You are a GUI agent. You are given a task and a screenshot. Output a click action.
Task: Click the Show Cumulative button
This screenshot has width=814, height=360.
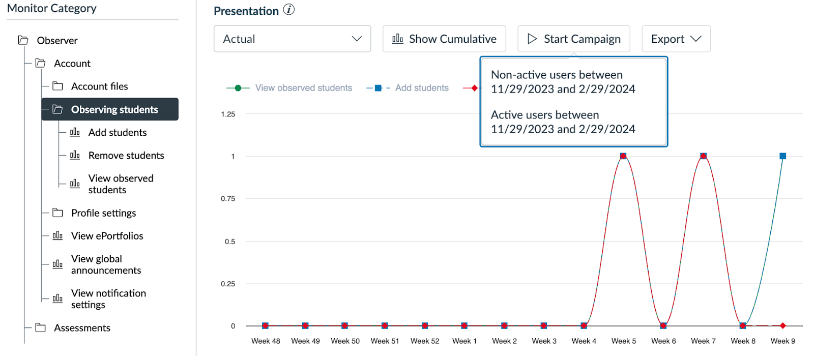point(444,39)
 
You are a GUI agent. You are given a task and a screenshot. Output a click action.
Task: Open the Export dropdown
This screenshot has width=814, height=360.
point(676,39)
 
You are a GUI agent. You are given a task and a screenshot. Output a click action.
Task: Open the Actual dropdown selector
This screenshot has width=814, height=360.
point(292,39)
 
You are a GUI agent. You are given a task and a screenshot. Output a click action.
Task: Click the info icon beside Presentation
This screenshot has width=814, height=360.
point(289,10)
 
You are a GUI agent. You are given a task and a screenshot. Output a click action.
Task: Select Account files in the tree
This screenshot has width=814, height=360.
point(99,86)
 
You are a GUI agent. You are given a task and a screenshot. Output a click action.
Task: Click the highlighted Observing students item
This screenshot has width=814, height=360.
point(114,109)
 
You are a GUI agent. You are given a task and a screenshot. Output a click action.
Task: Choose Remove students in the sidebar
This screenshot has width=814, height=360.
point(126,156)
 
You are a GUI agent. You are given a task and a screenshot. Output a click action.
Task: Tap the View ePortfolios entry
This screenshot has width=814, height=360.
point(107,236)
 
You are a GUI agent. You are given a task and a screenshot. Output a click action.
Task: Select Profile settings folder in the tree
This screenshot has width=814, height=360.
point(103,213)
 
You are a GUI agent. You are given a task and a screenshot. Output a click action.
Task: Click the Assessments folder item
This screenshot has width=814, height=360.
point(82,328)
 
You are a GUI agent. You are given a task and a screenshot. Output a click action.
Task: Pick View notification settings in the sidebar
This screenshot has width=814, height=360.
point(108,299)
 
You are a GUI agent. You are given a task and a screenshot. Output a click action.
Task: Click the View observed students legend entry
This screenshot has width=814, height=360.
point(303,88)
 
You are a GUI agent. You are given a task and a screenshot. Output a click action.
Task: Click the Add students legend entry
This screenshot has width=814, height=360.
point(421,88)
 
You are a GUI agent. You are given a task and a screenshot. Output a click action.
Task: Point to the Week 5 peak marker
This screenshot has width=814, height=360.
point(623,156)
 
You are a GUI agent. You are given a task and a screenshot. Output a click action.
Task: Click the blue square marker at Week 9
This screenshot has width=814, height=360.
point(782,156)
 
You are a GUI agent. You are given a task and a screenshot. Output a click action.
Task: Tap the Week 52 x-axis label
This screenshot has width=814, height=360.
point(424,341)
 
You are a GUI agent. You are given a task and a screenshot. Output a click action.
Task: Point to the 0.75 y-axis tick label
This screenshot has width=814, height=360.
point(228,199)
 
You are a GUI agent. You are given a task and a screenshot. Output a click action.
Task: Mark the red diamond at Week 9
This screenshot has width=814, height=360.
point(782,326)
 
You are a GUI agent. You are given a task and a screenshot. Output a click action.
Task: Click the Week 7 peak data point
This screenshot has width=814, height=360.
point(703,156)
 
